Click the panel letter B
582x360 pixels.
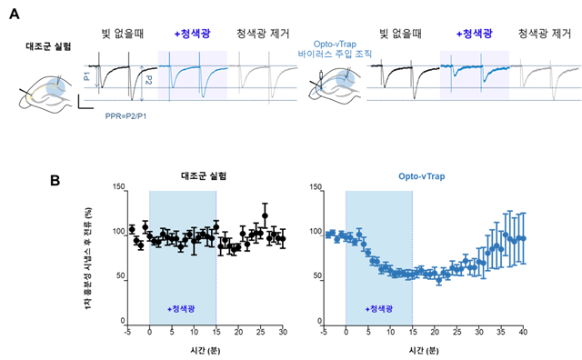pyautogui.click(x=56, y=180)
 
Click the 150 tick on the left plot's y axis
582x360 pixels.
pyautogui.click(x=116, y=186)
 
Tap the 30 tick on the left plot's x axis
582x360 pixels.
pyautogui.click(x=282, y=331)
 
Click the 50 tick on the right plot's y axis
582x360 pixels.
pyautogui.click(x=316, y=276)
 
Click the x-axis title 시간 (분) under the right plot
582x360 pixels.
pyautogui.click(x=423, y=347)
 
